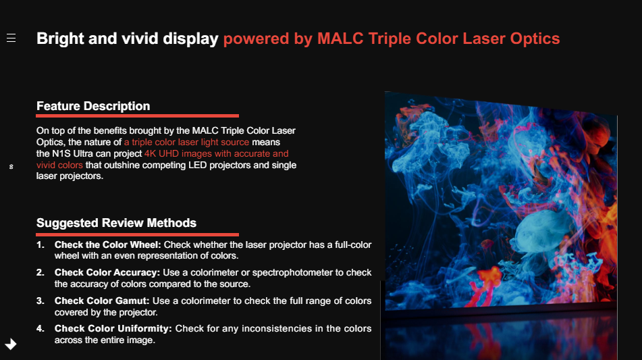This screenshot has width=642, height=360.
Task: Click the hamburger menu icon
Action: coord(11,38)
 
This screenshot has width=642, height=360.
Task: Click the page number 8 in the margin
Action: coord(11,167)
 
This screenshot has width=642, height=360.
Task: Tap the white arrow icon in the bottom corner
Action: coord(11,344)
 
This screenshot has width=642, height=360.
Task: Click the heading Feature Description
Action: coord(93,106)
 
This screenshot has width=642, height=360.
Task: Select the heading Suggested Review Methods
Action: coord(116,223)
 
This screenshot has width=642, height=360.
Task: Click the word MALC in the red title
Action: coord(340,38)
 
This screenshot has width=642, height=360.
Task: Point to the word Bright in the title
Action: coord(60,38)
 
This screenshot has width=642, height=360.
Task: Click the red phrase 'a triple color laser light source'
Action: coord(187,142)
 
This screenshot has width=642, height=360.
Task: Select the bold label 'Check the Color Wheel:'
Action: coord(108,245)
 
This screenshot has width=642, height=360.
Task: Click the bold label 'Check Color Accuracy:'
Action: coord(107,272)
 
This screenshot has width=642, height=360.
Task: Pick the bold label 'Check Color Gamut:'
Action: coord(102,301)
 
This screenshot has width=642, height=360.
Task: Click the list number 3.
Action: coord(40,301)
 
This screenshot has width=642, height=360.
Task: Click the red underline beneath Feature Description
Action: coord(137,116)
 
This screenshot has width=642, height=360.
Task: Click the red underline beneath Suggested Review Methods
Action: coord(137,234)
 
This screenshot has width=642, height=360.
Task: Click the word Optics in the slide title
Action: coord(535,39)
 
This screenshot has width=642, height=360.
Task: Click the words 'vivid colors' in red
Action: coord(59,165)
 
